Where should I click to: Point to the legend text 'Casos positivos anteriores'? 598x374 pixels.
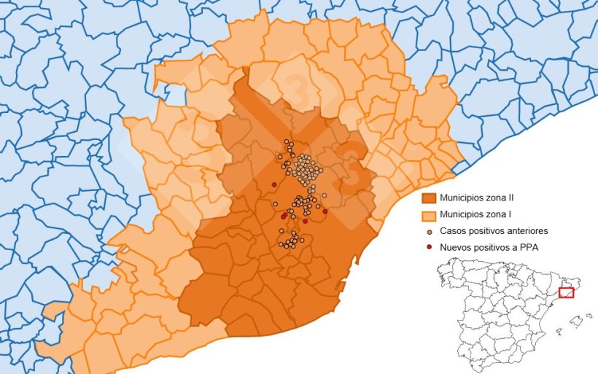click(x=494, y=231)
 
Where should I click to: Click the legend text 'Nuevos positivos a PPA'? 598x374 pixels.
click(x=489, y=247)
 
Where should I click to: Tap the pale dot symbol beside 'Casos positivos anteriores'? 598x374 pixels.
click(x=429, y=231)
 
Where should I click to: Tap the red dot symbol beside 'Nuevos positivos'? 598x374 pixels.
click(x=429, y=247)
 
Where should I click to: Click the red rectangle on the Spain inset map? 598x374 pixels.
click(x=566, y=293)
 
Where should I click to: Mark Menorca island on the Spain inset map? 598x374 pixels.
click(x=589, y=315)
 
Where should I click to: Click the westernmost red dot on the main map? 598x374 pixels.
click(x=273, y=184)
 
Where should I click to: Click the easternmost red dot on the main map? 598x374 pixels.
click(x=325, y=211)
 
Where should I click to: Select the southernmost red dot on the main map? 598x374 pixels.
click(x=305, y=221)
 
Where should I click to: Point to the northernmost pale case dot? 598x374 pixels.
click(x=287, y=141)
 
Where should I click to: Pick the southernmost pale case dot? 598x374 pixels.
click(x=289, y=246)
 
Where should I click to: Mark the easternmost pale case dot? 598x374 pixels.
click(x=324, y=195)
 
